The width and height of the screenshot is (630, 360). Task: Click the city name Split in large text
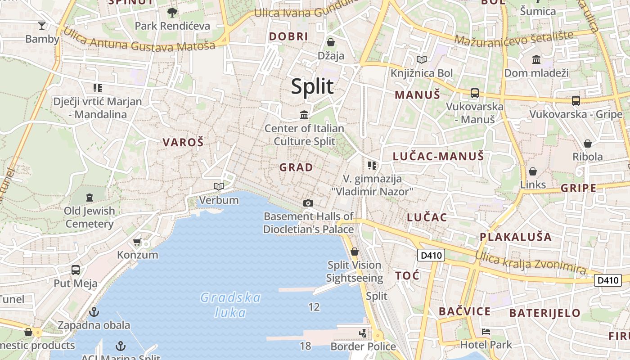tap(312, 86)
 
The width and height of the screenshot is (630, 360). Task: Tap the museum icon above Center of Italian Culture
tap(304, 115)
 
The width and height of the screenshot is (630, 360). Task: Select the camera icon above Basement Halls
tap(308, 203)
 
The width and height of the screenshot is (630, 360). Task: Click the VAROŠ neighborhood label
tap(183, 143)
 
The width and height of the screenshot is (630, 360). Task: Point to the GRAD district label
tap(296, 167)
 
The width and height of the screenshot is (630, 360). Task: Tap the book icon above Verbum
tap(219, 186)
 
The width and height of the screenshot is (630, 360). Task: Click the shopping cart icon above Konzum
tap(137, 242)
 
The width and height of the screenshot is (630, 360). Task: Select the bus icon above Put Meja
tap(76, 270)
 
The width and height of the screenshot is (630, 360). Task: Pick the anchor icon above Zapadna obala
tap(94, 311)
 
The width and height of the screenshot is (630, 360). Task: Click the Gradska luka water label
tap(230, 305)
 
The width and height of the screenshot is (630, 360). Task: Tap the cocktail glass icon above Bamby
tap(42, 25)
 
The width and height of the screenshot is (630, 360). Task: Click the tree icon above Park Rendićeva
tap(172, 12)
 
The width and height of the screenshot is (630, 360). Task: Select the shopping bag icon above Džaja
tap(331, 42)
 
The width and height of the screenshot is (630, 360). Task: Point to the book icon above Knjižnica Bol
tap(422, 59)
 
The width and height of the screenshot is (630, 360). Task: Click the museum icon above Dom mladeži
tap(536, 59)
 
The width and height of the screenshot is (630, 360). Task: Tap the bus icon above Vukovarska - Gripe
tap(576, 101)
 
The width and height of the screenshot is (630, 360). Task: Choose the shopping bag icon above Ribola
tap(588, 144)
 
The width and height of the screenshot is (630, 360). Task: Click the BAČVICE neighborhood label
tap(464, 311)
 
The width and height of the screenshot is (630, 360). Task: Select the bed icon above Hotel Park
tap(486, 332)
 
